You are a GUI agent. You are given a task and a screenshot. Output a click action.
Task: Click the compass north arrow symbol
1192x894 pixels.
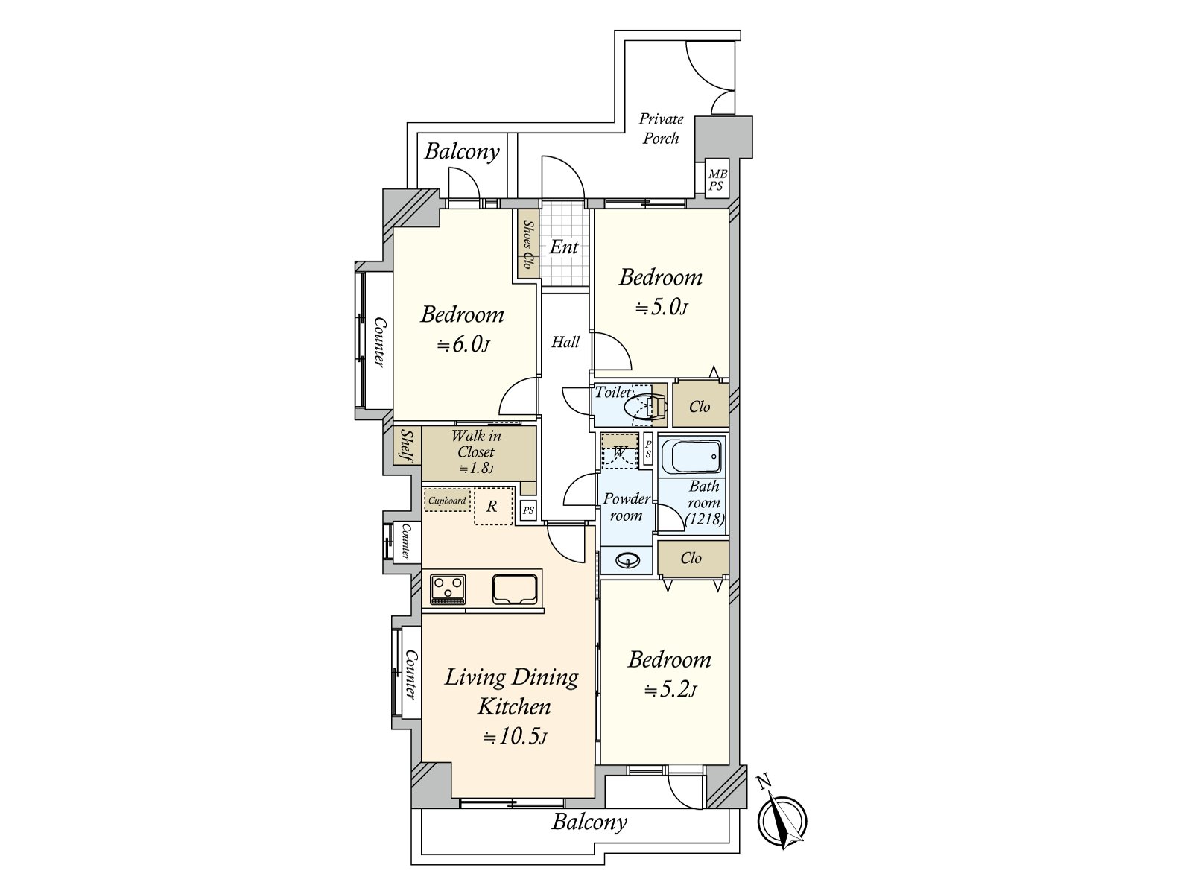click(782, 822)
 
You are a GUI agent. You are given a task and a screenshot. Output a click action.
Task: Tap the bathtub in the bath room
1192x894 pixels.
click(692, 456)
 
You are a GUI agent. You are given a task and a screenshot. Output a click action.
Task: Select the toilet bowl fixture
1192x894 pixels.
click(642, 407)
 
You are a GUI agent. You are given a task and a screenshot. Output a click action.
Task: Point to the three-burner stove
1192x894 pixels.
click(448, 589)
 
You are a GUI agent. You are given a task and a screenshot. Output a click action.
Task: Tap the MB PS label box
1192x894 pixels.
click(717, 180)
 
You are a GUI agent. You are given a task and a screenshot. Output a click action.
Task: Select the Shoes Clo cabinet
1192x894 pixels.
click(528, 244)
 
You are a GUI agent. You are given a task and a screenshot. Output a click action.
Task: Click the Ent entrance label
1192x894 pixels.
click(564, 247)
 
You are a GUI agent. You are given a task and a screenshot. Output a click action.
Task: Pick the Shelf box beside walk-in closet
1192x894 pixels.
click(407, 446)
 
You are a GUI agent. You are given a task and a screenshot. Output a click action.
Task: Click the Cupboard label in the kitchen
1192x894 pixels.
click(447, 501)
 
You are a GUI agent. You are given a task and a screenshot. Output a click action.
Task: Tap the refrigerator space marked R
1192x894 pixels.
click(492, 507)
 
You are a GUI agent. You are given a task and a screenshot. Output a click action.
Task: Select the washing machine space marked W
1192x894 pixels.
click(620, 451)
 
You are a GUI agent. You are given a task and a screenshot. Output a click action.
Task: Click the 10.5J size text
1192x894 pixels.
click(515, 738)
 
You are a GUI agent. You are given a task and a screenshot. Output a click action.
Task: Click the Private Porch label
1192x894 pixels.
click(661, 128)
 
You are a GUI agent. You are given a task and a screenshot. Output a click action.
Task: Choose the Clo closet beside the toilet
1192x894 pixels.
click(700, 406)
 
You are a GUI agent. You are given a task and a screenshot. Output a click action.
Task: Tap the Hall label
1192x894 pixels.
click(565, 342)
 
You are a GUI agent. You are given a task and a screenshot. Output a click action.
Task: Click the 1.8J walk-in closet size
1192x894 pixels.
click(476, 469)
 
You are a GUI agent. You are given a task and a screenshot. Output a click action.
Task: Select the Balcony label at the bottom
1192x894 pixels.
click(589, 822)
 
